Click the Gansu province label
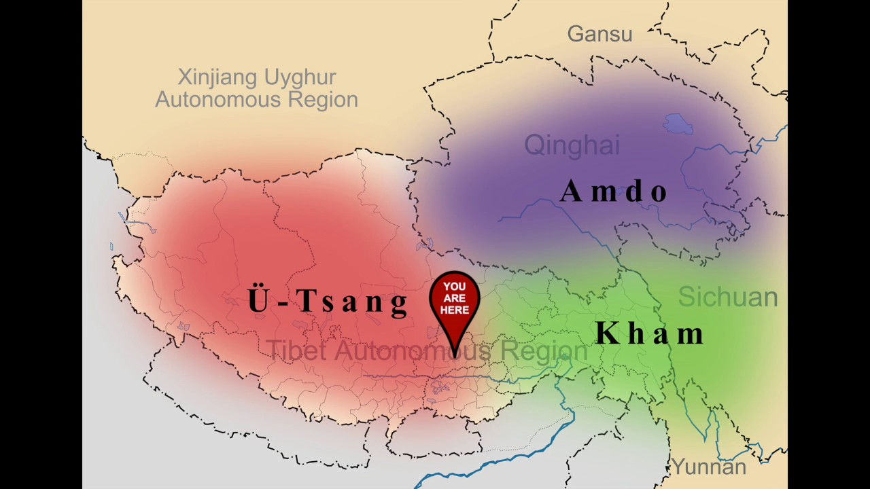coord(599,34)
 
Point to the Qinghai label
coord(572,145)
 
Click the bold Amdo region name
coord(614,192)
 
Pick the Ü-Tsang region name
coord(328,300)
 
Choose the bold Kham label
coord(649,333)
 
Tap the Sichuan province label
coord(728,297)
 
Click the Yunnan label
coord(709,467)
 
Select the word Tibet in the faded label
coord(296,350)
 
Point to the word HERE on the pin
coord(455,310)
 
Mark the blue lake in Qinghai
coord(678,124)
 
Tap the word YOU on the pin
coord(455,287)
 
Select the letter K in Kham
coord(607,333)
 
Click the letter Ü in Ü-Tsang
coord(258,300)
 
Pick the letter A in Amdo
coord(571,192)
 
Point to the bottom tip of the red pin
coord(455,356)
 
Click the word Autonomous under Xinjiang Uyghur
coord(213,100)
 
